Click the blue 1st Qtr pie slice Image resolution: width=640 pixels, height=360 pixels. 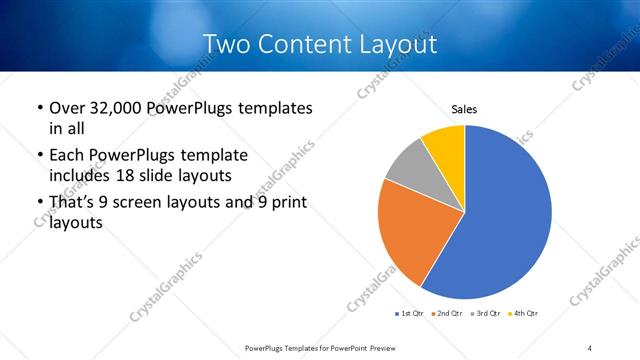[505, 215]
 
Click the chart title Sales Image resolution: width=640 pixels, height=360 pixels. [464, 109]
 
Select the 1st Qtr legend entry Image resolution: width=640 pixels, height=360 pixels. [410, 314]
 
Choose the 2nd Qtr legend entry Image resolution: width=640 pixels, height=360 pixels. [446, 314]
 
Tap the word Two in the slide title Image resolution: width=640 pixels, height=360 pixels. [225, 44]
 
